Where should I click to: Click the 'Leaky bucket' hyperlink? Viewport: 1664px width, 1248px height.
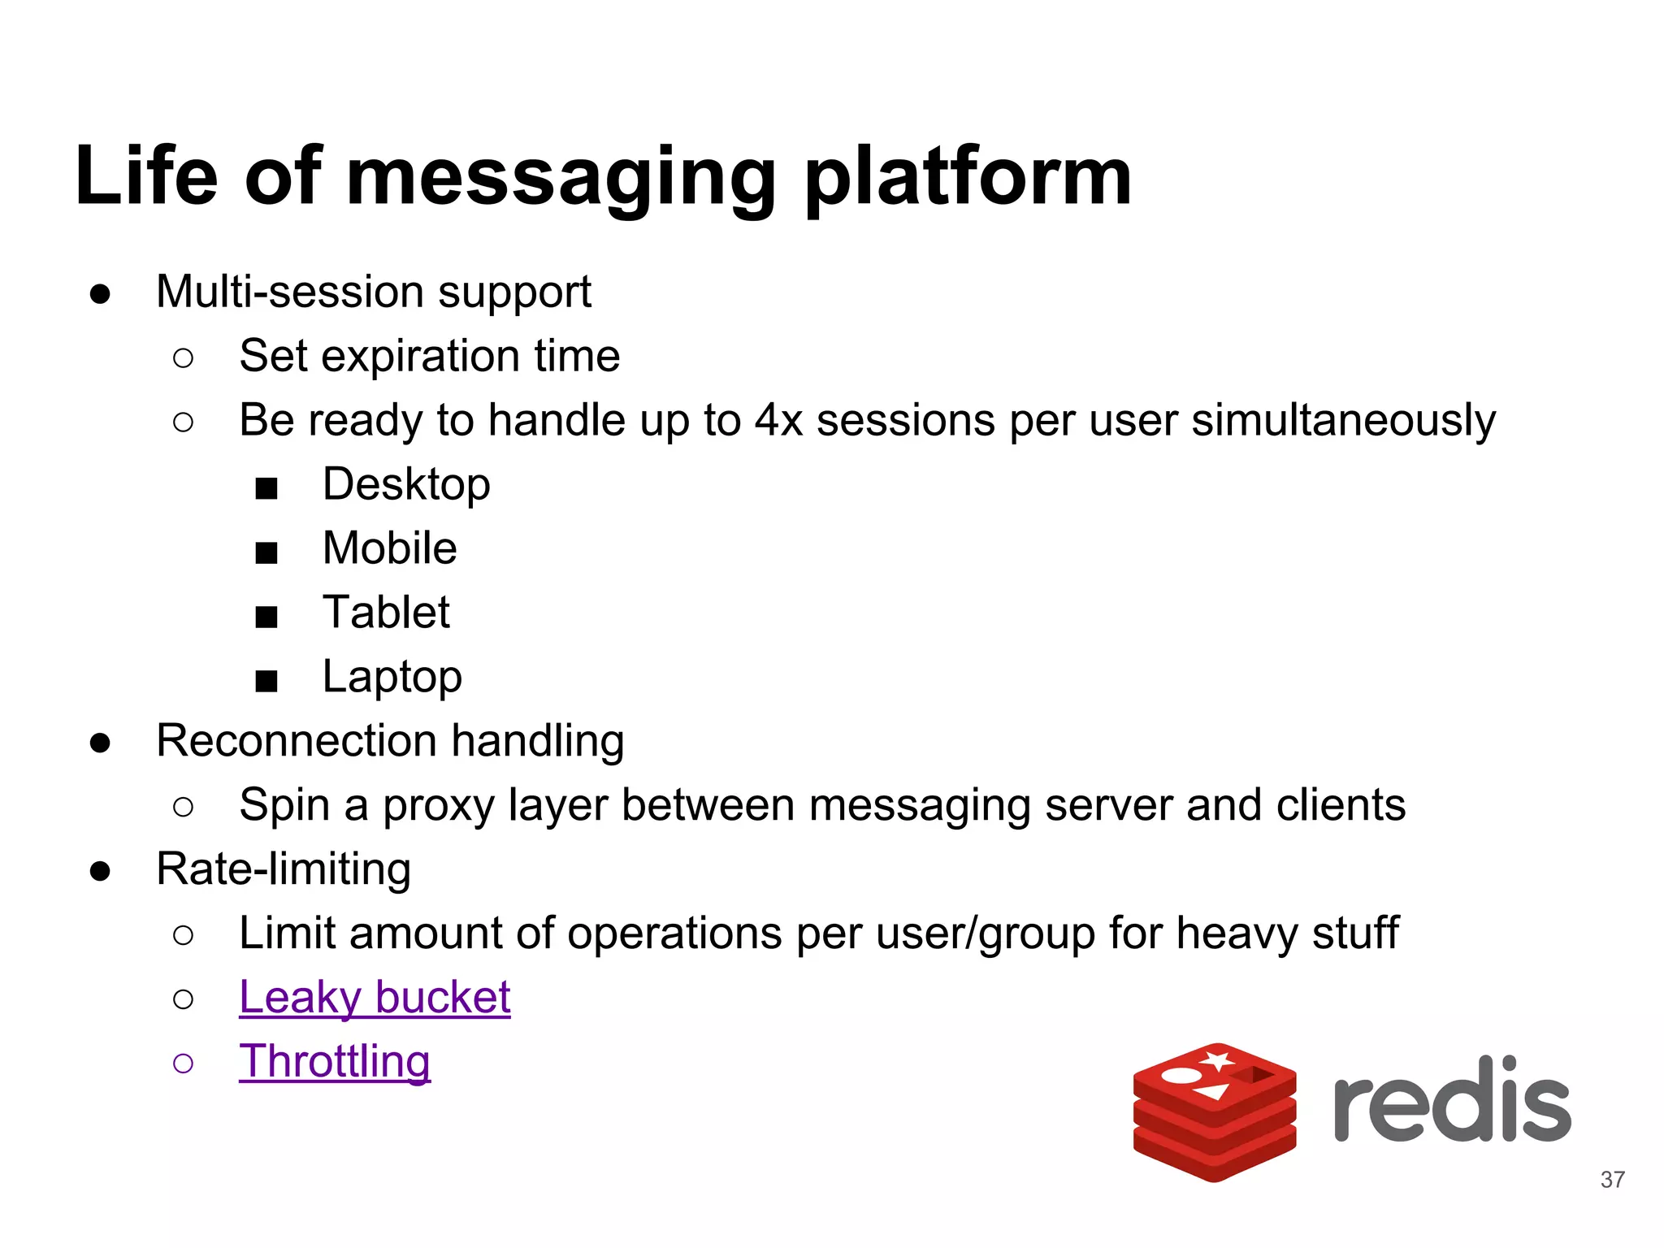pyautogui.click(x=375, y=997)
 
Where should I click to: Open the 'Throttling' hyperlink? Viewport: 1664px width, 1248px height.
pyautogui.click(x=334, y=1061)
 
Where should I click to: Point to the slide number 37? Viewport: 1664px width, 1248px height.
pyautogui.click(x=1612, y=1179)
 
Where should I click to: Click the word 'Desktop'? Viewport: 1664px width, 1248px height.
pyautogui.click(x=406, y=484)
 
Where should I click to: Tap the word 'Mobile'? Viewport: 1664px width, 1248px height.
pyautogui.click(x=389, y=548)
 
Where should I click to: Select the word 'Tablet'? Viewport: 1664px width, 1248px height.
pyautogui.click(x=386, y=613)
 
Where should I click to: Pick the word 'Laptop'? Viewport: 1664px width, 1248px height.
pyautogui.click(x=392, y=677)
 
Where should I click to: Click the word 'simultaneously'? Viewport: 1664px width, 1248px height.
pyautogui.click(x=1342, y=421)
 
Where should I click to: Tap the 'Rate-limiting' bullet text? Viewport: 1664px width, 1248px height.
pyautogui.click(x=284, y=869)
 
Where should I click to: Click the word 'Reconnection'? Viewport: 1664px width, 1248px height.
pyautogui.click(x=297, y=741)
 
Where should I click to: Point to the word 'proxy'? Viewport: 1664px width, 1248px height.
pyautogui.click(x=438, y=806)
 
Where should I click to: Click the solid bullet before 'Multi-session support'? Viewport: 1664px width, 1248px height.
pyautogui.click(x=100, y=294)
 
